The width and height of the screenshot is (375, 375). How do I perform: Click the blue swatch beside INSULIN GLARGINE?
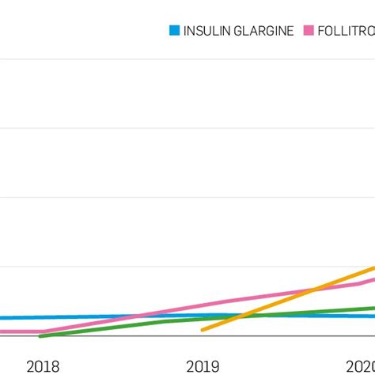pos(174,31)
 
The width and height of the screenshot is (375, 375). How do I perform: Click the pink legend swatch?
pos(309,31)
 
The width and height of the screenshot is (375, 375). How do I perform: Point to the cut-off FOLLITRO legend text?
pos(346,31)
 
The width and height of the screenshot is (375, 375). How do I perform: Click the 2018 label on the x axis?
pos(43,366)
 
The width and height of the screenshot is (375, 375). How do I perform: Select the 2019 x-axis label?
pos(203,366)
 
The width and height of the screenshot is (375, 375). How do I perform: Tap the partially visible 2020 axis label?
pos(361,366)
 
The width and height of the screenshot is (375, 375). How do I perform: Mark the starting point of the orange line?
pos(203,330)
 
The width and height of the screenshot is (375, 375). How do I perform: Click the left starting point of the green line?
pos(40,336)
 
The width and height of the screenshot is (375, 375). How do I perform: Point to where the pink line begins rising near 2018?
pos(44,331)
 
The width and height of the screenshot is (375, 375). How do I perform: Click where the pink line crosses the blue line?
pos(136,316)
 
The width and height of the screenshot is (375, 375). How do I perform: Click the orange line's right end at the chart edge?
pos(373,268)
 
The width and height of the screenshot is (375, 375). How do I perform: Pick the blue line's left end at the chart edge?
pos(2,318)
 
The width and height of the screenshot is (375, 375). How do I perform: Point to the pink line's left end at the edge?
pos(2,331)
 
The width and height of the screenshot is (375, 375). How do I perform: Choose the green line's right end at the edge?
pos(373,308)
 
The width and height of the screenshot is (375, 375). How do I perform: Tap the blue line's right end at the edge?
pos(373,316)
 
